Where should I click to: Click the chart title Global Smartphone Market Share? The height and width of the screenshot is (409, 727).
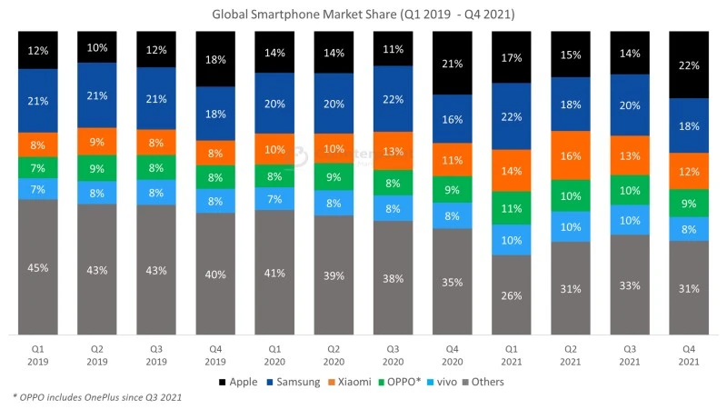(363, 15)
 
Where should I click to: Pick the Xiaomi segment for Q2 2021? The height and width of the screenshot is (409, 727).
(569, 156)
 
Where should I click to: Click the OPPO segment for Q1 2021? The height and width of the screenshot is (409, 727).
(510, 208)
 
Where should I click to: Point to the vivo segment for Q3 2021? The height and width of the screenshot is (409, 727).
(628, 220)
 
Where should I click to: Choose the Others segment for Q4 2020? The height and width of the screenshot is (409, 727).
(451, 282)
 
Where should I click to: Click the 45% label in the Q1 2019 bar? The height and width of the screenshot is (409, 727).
(38, 267)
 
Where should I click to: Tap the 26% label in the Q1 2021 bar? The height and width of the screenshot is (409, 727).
(510, 295)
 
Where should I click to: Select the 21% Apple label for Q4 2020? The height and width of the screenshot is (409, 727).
(451, 63)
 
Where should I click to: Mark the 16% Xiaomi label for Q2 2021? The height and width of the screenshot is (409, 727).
(569, 156)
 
